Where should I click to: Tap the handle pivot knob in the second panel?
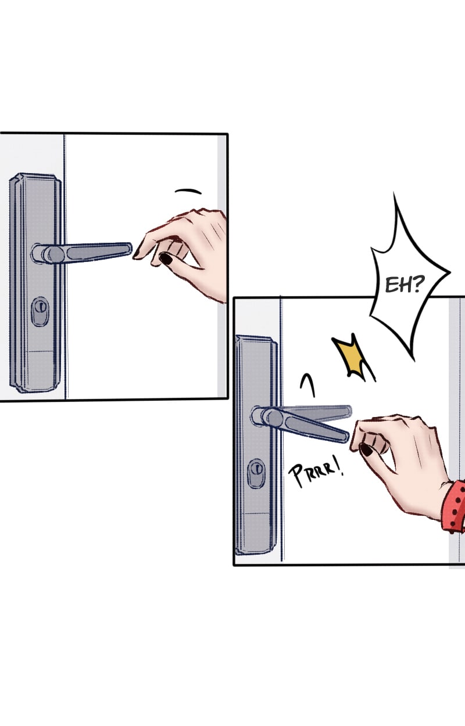tap(272, 418)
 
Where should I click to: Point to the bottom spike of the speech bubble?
tap(414, 359)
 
